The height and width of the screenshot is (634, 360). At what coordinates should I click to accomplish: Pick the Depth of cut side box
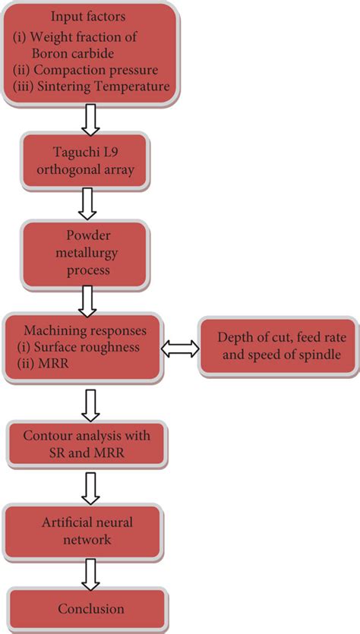(279, 347)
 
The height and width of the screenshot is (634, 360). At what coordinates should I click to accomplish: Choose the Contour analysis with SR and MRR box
(86, 444)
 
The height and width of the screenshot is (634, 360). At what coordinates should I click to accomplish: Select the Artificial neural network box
(86, 531)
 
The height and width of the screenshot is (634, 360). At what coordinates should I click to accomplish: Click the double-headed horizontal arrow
(181, 349)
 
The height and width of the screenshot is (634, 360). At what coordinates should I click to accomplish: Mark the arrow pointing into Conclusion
(90, 573)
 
